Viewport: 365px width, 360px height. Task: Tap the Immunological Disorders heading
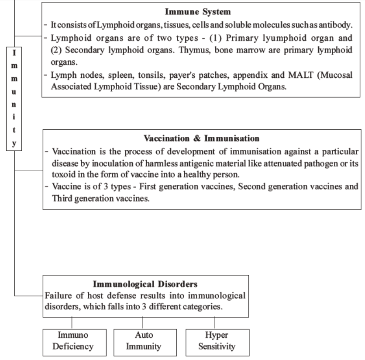click(x=146, y=284)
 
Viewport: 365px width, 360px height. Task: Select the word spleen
click(x=115, y=76)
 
